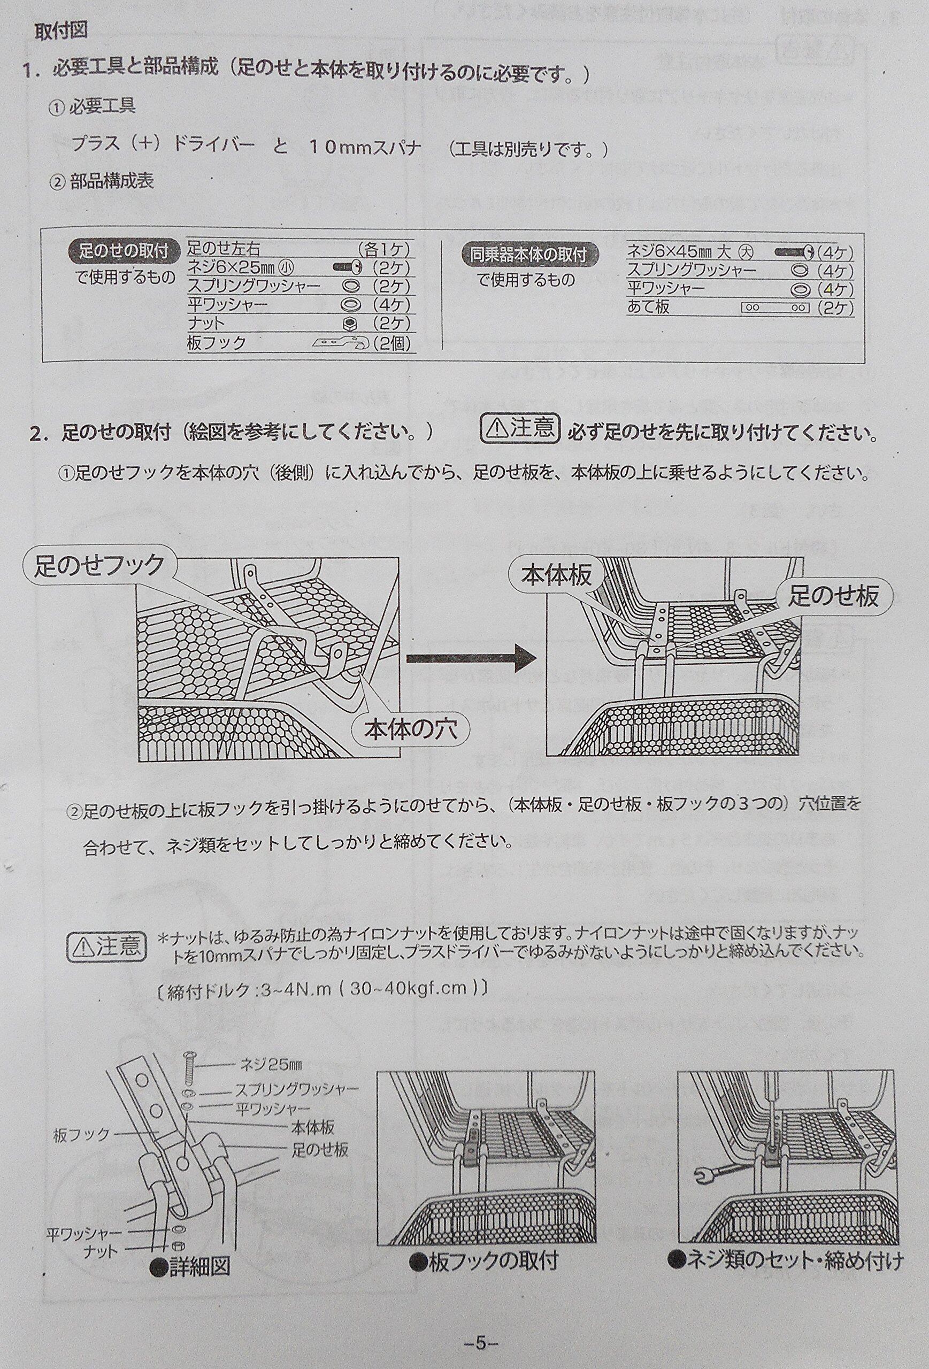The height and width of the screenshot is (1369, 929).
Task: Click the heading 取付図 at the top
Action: coord(62,30)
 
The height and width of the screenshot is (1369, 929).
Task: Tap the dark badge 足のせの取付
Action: coord(122,251)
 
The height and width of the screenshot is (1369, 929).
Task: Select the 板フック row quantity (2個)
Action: coord(391,343)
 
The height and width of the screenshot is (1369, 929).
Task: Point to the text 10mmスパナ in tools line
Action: coord(365,147)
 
